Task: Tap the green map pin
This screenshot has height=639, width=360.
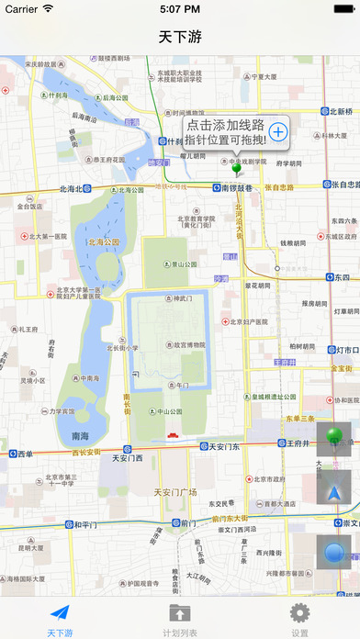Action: (236, 168)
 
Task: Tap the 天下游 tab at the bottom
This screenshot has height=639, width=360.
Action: (60, 618)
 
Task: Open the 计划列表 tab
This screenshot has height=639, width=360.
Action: (179, 618)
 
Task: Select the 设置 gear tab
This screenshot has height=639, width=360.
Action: (299, 618)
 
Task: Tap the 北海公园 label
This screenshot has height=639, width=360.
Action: (104, 242)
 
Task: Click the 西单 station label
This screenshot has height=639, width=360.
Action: (25, 454)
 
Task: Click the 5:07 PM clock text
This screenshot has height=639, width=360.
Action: (180, 9)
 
